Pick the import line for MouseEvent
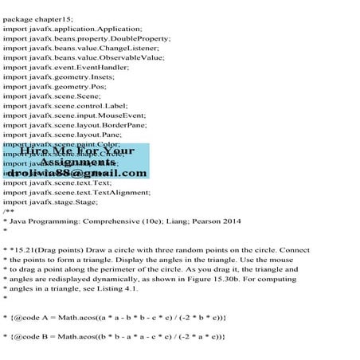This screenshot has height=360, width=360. [x=83, y=125]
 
